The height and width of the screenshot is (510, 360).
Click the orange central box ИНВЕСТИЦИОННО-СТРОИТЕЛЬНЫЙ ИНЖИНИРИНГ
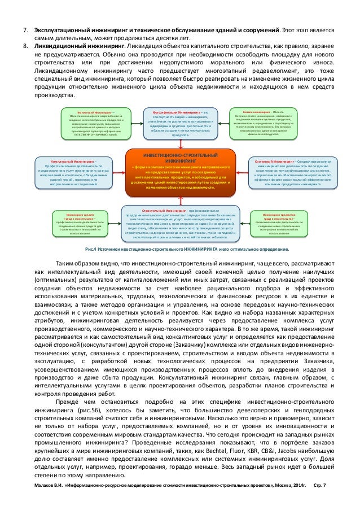coord(181,171)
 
